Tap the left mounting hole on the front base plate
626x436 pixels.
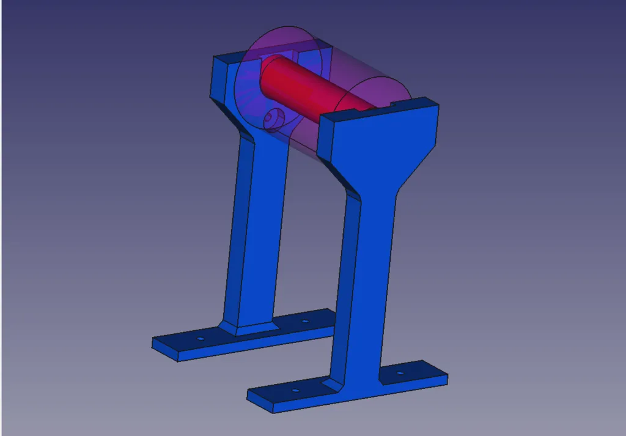[295, 390]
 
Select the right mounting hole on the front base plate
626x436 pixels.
[400, 372]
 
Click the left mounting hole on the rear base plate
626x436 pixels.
[199, 338]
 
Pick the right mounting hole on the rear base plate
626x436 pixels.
[304, 320]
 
